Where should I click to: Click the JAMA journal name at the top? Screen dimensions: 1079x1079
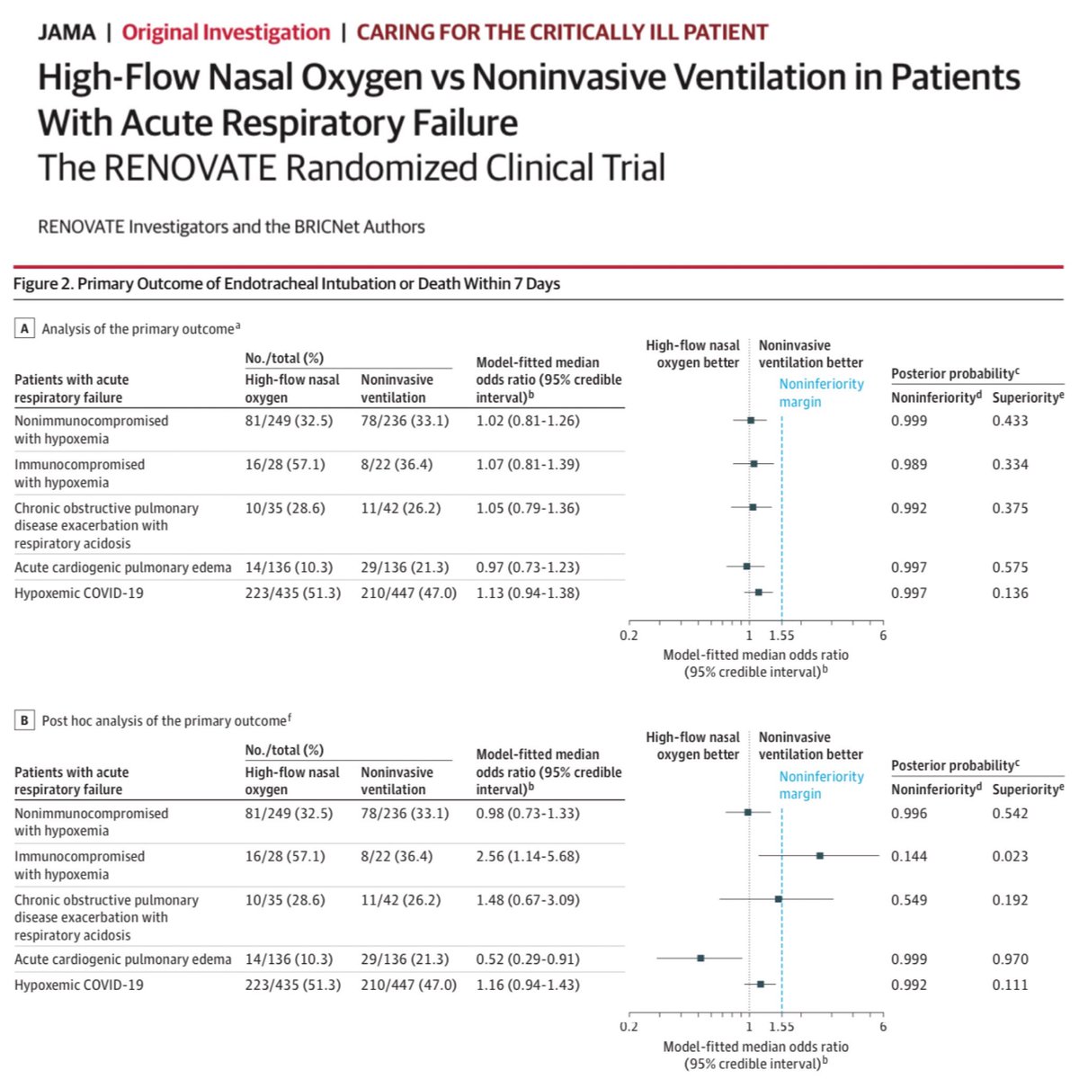click(67, 32)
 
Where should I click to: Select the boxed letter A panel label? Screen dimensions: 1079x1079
click(25, 328)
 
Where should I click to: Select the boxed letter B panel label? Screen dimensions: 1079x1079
click(25, 720)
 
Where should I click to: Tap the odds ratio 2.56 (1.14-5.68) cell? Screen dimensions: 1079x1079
click(528, 856)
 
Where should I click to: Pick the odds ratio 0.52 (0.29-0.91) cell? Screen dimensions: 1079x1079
click(528, 959)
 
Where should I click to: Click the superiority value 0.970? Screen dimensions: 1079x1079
click(1010, 959)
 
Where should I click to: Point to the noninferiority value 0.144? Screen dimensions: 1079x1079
click(908, 856)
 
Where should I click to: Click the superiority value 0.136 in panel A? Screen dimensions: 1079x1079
click(1010, 593)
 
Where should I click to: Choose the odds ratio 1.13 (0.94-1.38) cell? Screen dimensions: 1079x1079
click(528, 593)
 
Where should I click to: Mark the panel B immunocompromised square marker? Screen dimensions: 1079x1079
click(820, 855)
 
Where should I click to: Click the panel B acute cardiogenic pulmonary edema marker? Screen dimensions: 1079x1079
click(700, 958)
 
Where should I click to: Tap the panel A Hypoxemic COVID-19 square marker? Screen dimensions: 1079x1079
click(759, 592)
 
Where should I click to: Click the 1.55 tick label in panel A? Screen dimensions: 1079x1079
click(781, 636)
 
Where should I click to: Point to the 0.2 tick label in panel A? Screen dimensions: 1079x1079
click(629, 636)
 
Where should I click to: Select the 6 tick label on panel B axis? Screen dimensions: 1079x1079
click(883, 1027)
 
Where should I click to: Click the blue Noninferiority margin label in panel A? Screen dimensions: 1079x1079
click(821, 393)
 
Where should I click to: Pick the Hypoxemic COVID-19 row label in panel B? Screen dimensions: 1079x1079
click(79, 985)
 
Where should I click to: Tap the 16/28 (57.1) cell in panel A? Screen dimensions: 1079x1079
click(285, 464)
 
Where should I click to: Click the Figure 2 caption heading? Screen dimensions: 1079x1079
click(286, 284)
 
